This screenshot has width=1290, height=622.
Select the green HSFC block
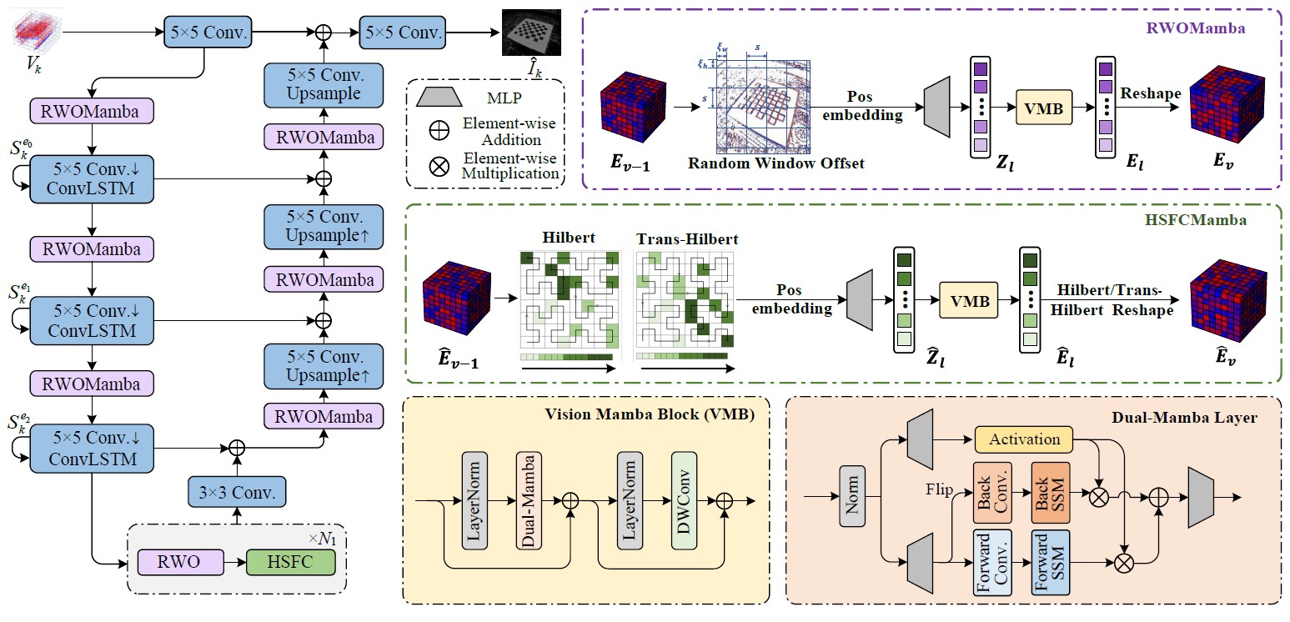coord(289,563)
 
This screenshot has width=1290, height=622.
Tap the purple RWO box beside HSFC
coord(180,563)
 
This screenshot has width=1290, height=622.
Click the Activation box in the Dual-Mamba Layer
coord(1023,439)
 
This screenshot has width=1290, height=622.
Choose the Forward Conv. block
coord(991,563)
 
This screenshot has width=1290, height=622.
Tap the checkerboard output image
coord(531,34)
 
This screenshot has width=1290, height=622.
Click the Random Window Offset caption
coord(776,163)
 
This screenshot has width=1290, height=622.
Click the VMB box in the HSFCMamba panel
coord(969,301)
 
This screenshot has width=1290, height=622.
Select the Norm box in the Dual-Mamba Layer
coord(851,498)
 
